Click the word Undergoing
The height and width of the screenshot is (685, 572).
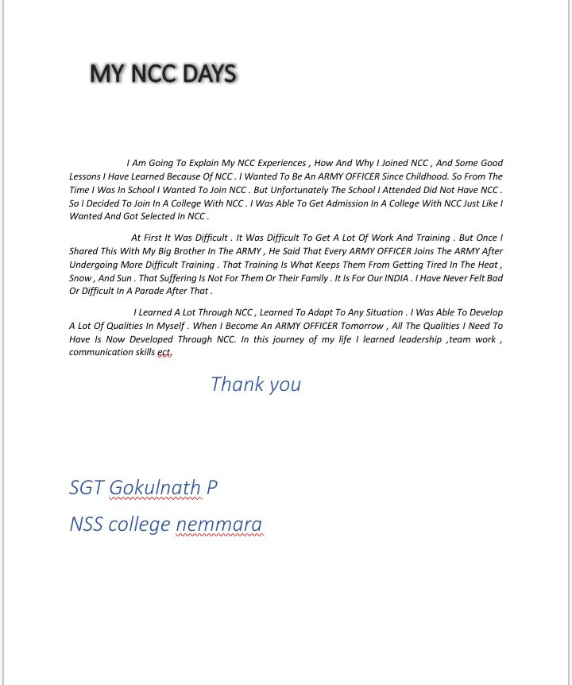95,265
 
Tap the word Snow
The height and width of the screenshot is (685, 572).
80,278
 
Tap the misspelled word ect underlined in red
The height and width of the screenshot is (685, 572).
164,352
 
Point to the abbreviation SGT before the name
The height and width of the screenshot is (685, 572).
87,487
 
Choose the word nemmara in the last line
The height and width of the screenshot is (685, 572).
218,524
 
